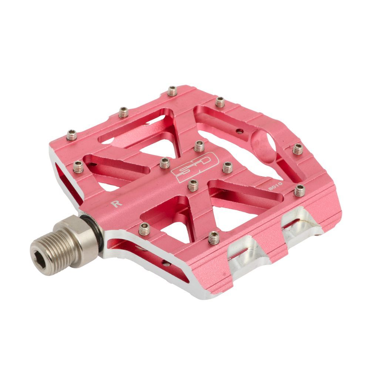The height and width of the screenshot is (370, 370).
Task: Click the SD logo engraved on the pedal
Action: [193, 170]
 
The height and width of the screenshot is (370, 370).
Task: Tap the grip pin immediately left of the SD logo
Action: [165, 162]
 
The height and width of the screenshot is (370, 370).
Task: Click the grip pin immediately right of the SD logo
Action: [227, 167]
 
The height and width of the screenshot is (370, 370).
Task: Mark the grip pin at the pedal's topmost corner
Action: [172, 90]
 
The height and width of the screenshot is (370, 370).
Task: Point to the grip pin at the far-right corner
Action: [297, 149]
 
